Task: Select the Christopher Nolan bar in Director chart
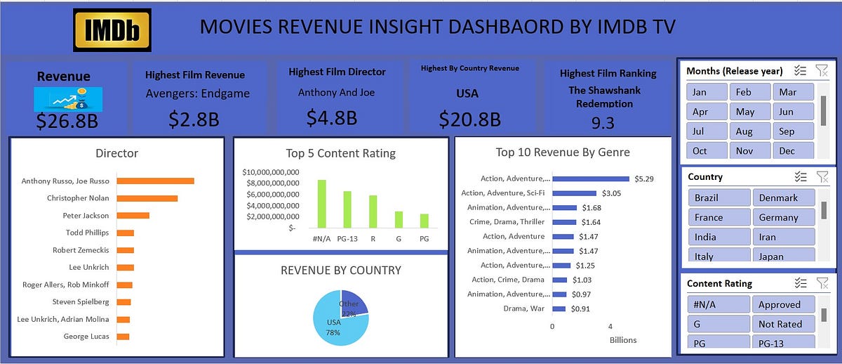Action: click(147, 198)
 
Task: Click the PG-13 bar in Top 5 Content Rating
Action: click(347, 209)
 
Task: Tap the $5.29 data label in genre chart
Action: click(643, 178)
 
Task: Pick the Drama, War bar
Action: click(559, 308)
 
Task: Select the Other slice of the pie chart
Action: click(354, 303)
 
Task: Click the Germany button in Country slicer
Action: click(784, 217)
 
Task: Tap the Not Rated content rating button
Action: click(784, 324)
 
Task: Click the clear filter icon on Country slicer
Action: click(822, 176)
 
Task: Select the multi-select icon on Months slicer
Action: click(799, 70)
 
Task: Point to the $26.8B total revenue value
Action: click(67, 122)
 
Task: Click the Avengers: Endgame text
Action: click(197, 93)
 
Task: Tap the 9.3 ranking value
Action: click(602, 123)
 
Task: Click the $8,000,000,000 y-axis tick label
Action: click(271, 183)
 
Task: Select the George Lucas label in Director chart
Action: click(86, 337)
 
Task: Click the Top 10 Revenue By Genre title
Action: click(563, 152)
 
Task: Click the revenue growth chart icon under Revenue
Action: click(68, 98)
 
